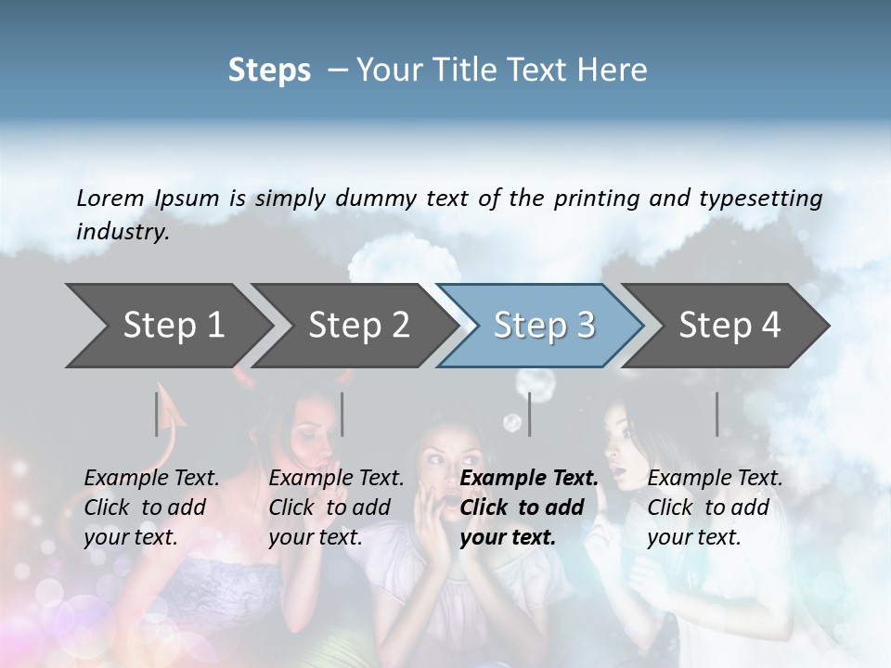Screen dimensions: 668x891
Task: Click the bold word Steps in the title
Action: pos(269,71)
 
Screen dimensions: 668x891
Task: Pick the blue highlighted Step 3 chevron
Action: pos(544,325)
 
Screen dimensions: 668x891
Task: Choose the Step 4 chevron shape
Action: pos(730,325)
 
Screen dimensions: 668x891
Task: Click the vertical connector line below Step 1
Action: pos(157,414)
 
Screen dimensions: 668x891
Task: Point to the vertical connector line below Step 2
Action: pos(342,414)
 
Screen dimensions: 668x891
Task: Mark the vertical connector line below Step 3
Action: pos(529,414)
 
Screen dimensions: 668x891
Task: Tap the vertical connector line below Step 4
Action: pos(717,414)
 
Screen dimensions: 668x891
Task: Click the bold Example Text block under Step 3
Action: pos(529,507)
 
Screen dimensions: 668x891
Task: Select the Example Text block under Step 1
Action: pos(151,507)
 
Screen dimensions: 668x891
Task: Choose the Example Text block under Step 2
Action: pos(336,507)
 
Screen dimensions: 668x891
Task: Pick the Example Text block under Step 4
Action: pos(715,507)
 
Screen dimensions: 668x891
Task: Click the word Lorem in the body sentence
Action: pos(110,199)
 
